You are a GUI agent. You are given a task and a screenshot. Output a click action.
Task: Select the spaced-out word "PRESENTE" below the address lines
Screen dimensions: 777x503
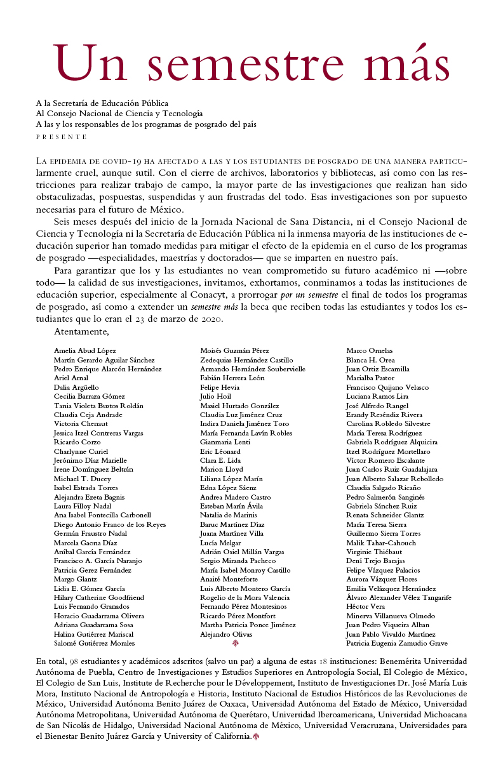pyautogui.click(x=62, y=136)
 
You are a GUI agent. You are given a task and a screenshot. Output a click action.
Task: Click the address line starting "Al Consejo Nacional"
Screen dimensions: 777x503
pyautogui.click(x=119, y=114)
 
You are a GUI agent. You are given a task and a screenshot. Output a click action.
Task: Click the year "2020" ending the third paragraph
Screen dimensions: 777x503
pyautogui.click(x=209, y=319)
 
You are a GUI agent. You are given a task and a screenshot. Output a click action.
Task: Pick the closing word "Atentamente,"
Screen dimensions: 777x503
pyautogui.click(x=81, y=331)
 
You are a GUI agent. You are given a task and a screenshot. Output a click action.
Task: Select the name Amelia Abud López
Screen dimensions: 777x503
pyautogui.click(x=85, y=350)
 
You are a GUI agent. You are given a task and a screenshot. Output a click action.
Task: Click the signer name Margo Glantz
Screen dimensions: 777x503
pyautogui.click(x=76, y=579)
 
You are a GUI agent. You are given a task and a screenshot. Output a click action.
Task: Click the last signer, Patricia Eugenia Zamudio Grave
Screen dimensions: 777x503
pyautogui.click(x=396, y=643)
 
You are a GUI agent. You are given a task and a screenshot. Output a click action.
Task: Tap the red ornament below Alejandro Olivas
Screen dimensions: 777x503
pyautogui.click(x=236, y=644)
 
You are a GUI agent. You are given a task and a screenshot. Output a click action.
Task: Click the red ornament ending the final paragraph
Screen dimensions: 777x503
pyautogui.click(x=256, y=736)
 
